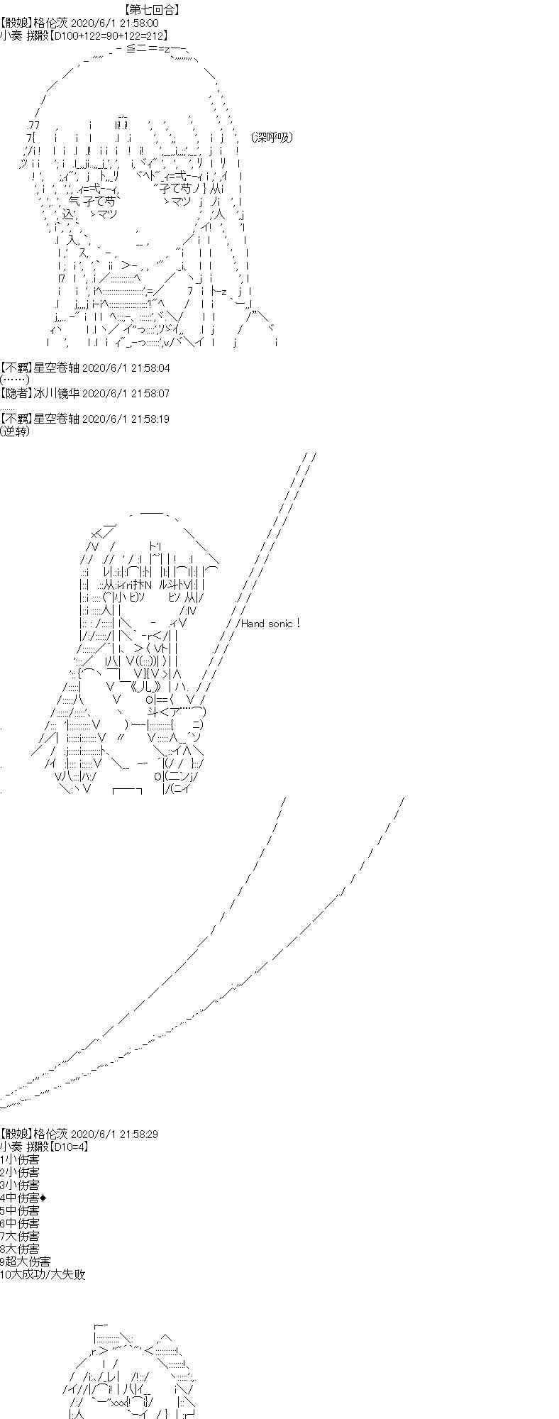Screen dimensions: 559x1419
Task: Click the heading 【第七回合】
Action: click(151, 10)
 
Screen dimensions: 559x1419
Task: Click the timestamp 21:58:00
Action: click(140, 23)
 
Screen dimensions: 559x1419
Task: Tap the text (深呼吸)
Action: click(272, 138)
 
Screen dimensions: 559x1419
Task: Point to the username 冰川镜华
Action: click(54, 393)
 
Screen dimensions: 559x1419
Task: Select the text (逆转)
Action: click(16, 431)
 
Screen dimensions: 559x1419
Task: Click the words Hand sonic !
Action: click(270, 624)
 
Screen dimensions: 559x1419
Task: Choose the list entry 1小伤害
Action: click(20, 1159)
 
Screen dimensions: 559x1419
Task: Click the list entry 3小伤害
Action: click(20, 1185)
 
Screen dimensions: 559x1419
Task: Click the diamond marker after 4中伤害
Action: click(43, 1198)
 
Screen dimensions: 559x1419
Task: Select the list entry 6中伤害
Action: click(20, 1223)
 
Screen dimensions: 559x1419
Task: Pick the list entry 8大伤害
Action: click(20, 1249)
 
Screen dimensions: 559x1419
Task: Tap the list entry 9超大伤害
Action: click(26, 1261)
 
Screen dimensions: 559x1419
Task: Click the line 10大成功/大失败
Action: click(43, 1274)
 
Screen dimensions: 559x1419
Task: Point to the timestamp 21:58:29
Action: click(140, 1134)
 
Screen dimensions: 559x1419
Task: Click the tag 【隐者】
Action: click(16, 393)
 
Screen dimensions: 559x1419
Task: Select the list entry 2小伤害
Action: click(20, 1172)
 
